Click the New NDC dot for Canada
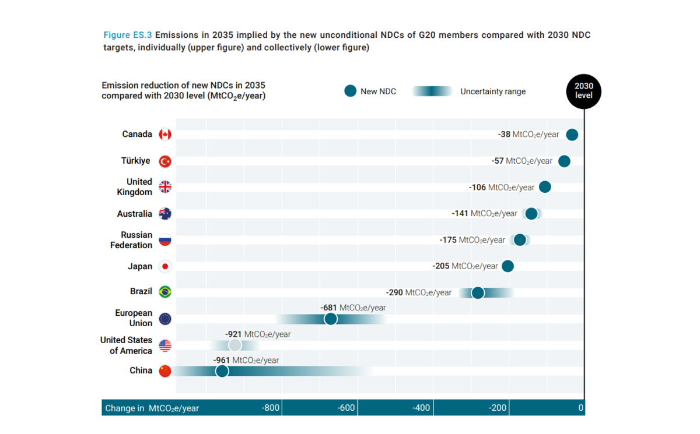tap(572, 135)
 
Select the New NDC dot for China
tap(222, 371)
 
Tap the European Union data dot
tap(330, 319)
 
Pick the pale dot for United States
tap(235, 345)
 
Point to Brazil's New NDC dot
tap(478, 292)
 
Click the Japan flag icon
tap(165, 266)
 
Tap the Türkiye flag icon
tap(165, 161)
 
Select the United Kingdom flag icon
tap(165, 187)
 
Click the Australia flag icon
tap(165, 214)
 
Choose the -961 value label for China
tap(246, 360)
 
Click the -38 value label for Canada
tap(528, 134)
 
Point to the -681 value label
tap(353, 308)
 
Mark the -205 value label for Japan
tap(465, 266)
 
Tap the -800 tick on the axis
tap(271, 408)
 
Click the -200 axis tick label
tap(498, 408)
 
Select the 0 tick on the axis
tap(580, 408)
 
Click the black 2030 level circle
tap(583, 91)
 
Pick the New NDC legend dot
tap(350, 91)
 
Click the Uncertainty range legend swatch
tap(432, 91)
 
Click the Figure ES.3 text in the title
tap(128, 35)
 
